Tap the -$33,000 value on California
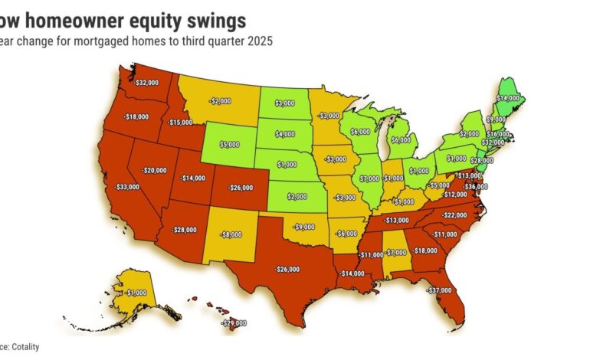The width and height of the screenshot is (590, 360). point(129,186)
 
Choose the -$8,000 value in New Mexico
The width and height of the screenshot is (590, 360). point(230,236)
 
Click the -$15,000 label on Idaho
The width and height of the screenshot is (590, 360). point(181,123)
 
